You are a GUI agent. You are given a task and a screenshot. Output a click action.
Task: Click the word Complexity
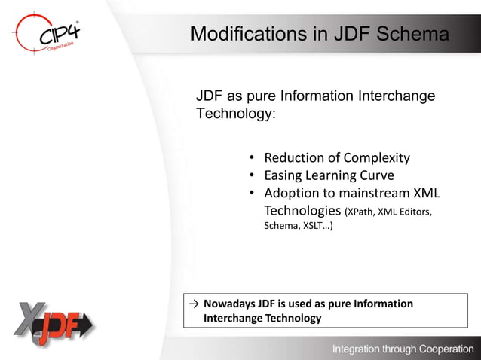(x=377, y=158)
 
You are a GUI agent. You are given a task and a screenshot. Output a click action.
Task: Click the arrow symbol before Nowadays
(x=195, y=304)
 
